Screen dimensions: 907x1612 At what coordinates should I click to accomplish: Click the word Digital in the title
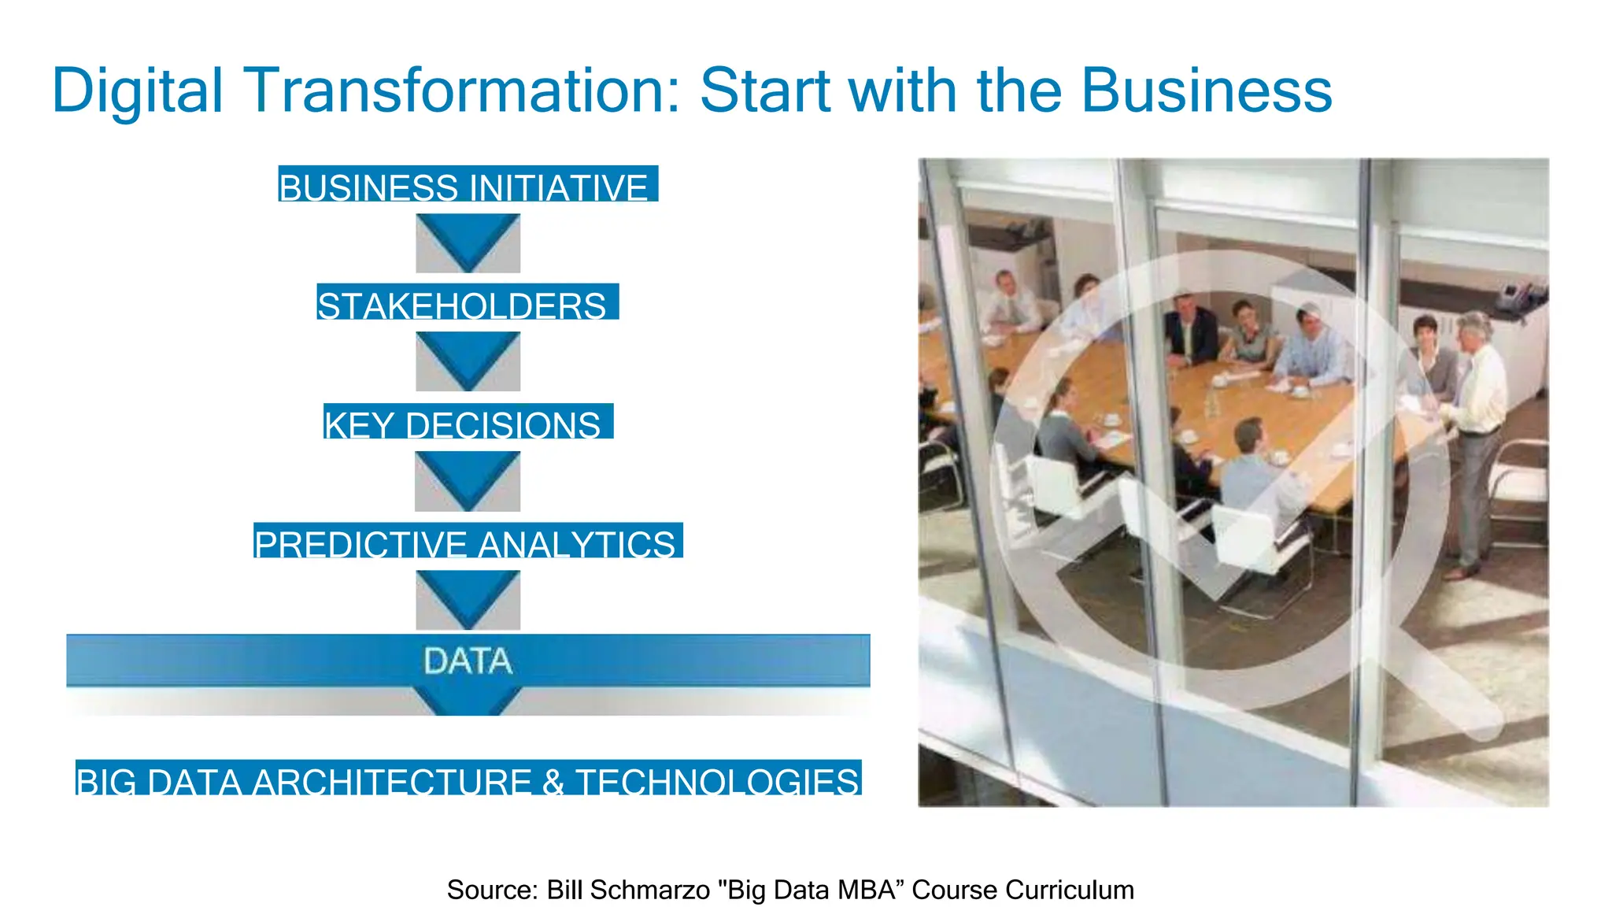138,91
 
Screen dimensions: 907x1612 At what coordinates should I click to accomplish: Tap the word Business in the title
1206,91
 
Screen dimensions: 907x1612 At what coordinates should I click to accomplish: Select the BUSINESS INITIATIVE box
468,184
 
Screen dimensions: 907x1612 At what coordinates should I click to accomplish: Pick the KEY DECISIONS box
468,422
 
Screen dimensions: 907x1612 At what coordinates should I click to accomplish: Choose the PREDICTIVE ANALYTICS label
468,542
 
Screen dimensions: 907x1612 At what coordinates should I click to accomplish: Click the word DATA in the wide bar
468,661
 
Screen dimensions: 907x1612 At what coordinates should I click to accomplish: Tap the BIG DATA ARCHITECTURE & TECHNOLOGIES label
468,779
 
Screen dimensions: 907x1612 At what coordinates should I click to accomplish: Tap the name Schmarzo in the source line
650,890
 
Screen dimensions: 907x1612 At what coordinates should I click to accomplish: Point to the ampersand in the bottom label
553,780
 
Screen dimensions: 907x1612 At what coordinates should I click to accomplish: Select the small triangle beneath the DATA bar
468,701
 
